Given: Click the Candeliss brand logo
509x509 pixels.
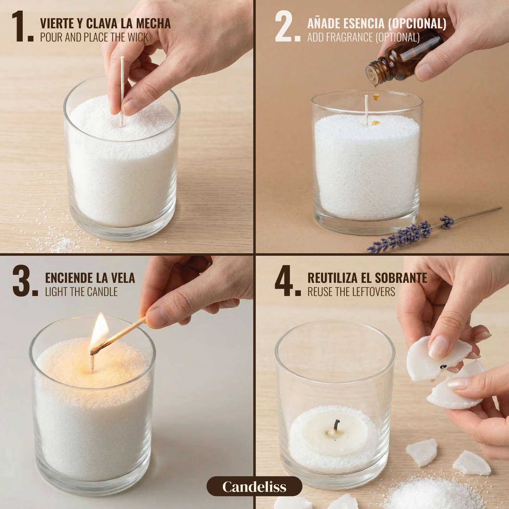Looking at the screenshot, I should [254, 486].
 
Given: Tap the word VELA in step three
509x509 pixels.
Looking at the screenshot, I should [123, 278].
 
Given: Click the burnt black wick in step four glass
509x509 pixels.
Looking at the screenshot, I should [336, 425].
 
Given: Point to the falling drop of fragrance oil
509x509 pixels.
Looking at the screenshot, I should [377, 96].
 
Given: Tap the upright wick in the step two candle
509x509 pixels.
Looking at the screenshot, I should [366, 110].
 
